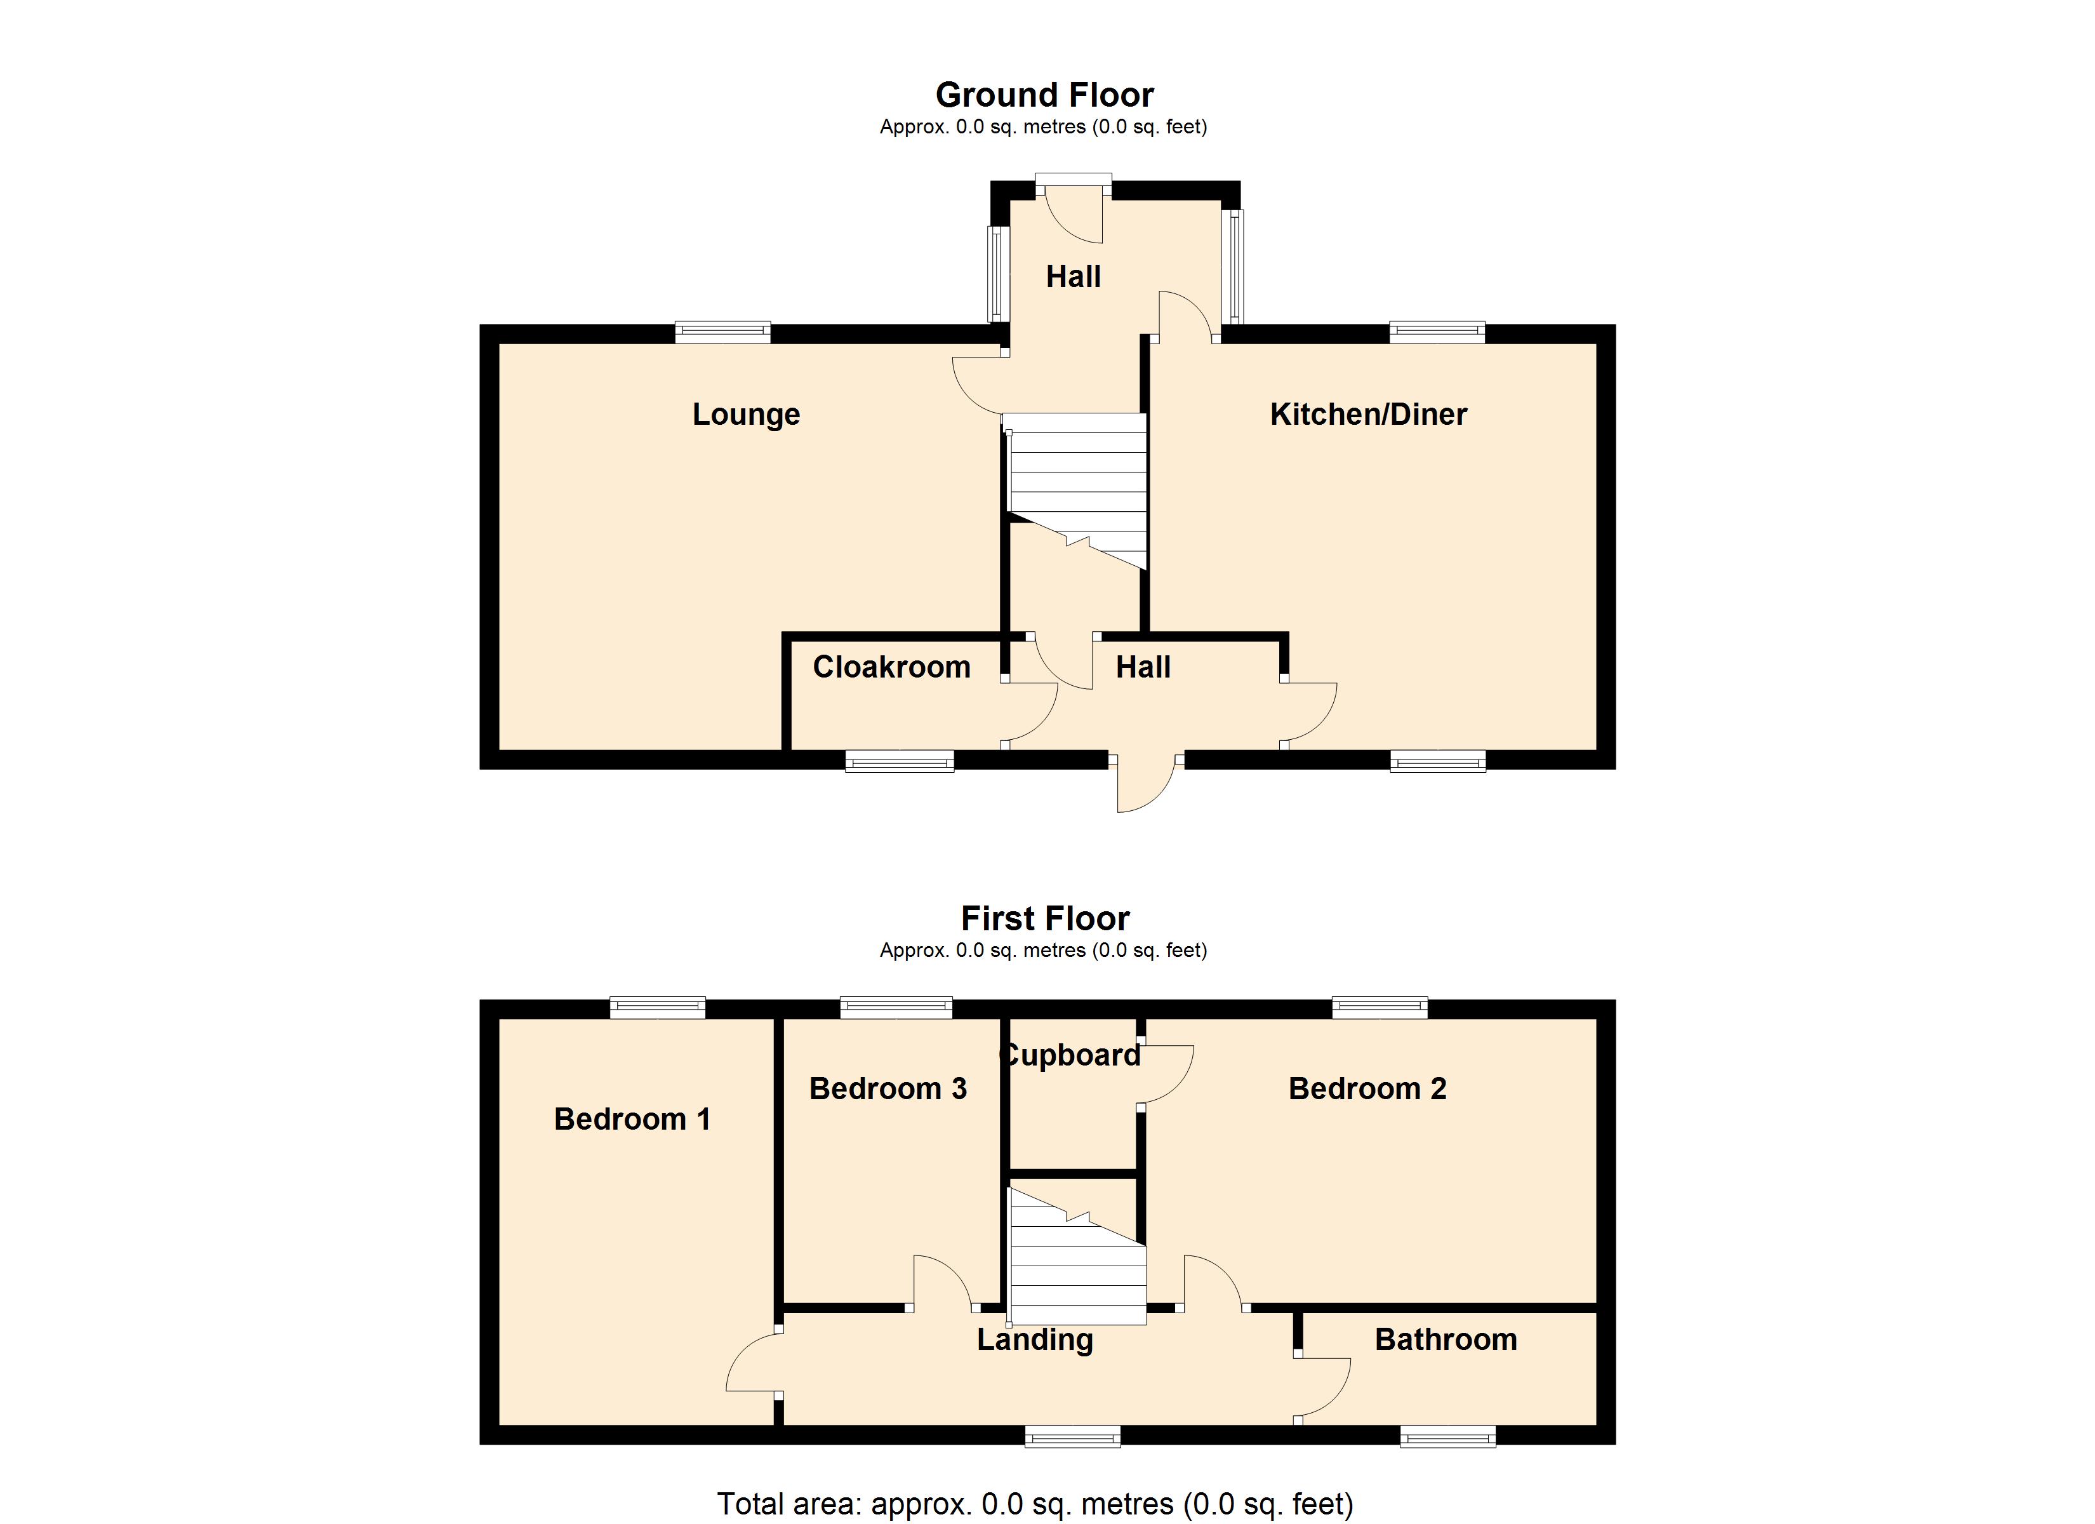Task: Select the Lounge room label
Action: click(745, 414)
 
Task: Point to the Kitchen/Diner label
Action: click(1368, 414)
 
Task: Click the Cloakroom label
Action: click(891, 666)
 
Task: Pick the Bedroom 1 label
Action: click(632, 1120)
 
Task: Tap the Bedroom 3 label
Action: click(887, 1088)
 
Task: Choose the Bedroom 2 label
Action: click(1367, 1088)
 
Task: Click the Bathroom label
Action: click(1446, 1339)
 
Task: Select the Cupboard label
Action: click(1072, 1055)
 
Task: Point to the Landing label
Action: click(1035, 1339)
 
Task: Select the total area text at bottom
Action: click(1035, 1504)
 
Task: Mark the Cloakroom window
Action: click(900, 761)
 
